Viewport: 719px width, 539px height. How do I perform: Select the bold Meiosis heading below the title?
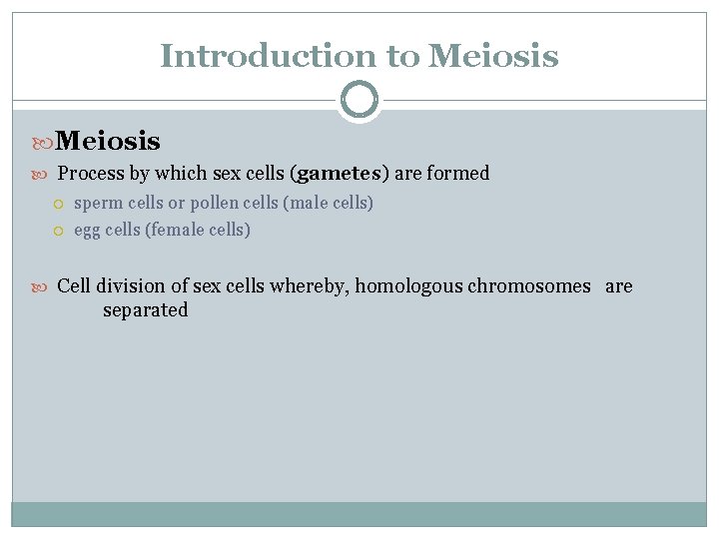pos(108,141)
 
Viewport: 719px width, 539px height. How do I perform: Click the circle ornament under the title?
pos(359,100)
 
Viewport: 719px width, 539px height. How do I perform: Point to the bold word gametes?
pos(340,174)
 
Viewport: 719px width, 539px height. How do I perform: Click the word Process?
pos(91,174)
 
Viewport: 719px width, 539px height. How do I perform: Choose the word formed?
pos(458,174)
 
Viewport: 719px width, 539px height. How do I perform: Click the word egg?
pos(87,231)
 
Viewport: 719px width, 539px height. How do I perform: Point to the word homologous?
pos(408,286)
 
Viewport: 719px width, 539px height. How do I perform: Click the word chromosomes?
pos(529,286)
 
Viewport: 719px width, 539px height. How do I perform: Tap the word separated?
pos(145,310)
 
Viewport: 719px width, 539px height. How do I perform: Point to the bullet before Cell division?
pos(43,287)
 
